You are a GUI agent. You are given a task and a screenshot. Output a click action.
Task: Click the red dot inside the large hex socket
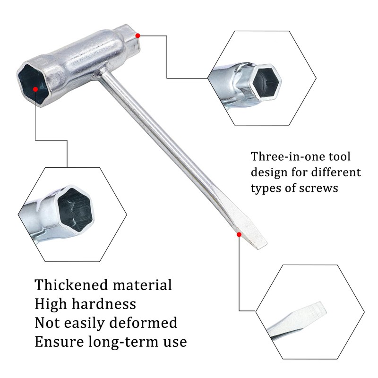[35, 88]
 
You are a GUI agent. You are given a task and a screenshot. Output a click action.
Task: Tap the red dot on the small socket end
[137, 34]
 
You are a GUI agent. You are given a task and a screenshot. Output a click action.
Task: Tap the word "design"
[267, 172]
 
